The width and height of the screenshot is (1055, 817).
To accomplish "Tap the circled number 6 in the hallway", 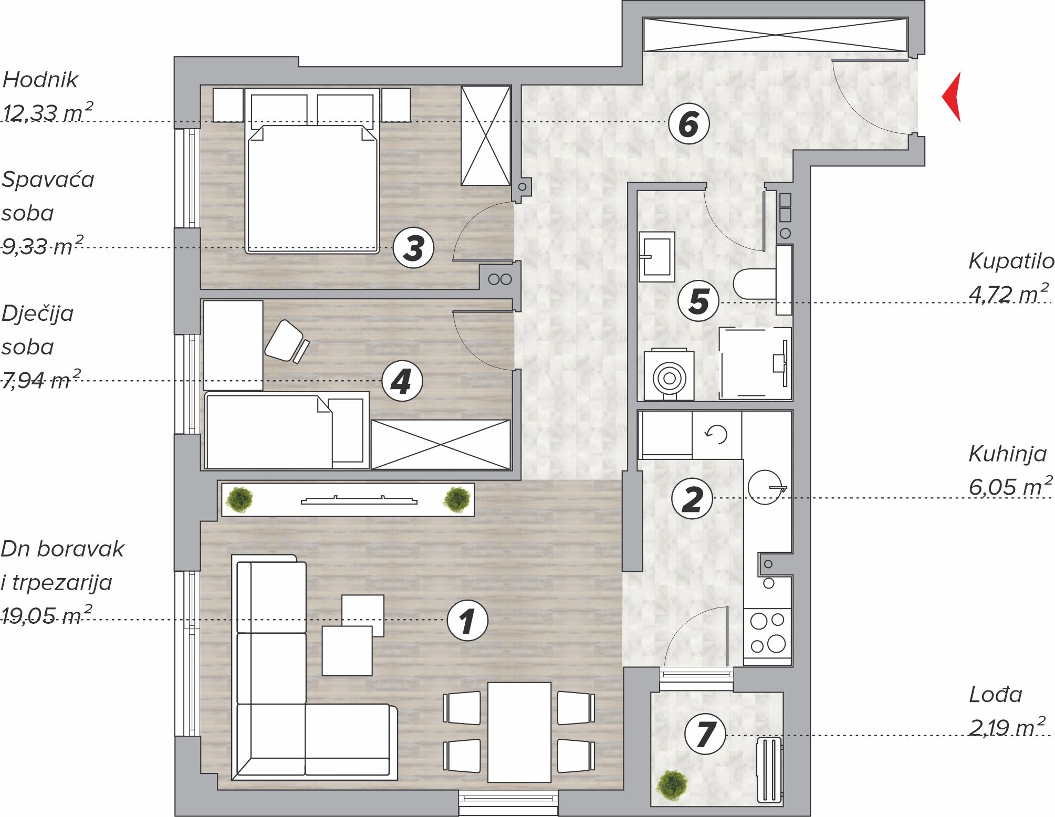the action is point(688,124).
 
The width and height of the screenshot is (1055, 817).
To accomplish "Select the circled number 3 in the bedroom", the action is point(413,248).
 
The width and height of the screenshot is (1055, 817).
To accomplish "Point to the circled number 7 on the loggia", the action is point(705,734).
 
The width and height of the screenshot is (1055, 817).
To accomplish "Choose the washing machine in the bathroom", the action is point(669,374).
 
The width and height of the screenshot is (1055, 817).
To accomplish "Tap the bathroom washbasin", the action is point(657,257).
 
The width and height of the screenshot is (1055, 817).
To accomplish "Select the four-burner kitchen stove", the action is point(767,634).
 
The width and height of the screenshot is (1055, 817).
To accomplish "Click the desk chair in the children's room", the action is point(287,341).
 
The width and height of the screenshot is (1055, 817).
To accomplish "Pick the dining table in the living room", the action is point(519,732).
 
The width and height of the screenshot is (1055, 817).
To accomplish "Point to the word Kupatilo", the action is point(1011,261).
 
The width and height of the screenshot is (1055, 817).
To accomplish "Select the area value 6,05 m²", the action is point(1010,486).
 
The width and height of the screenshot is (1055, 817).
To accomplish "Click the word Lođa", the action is point(995,694).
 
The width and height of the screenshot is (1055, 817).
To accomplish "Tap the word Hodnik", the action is point(40,80).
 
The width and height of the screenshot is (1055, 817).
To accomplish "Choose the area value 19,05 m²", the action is point(46,614).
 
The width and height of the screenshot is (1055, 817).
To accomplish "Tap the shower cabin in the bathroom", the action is point(755,363).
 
